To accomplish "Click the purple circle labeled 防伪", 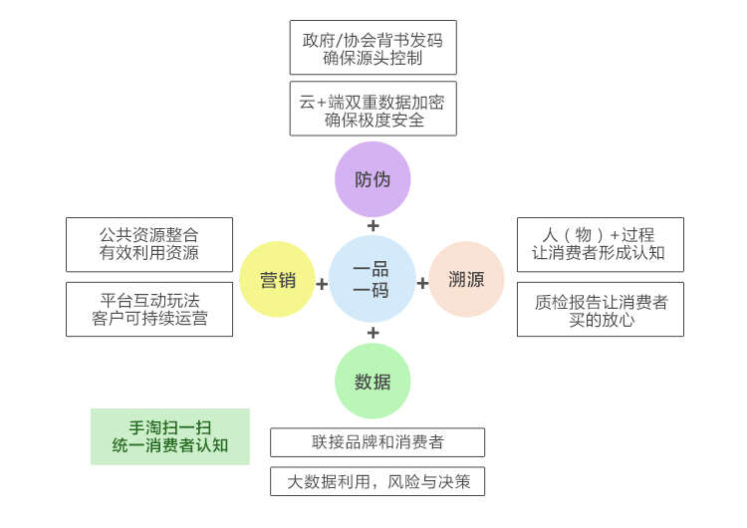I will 373,179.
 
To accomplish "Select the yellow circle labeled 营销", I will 278,280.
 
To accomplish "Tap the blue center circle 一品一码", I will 372,280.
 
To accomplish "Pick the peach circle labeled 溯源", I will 466,280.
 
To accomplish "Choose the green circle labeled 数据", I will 373,382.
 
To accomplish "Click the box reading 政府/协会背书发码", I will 373,48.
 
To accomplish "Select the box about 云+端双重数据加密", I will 373,110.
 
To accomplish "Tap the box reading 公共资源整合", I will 148,244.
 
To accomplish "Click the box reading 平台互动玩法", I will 148,309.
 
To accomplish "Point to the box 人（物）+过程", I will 600,244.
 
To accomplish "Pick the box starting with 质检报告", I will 600,309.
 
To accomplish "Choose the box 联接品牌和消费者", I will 377,442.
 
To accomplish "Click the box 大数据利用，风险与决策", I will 377,481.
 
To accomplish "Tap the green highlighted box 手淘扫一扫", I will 170,436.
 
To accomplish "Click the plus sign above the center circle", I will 373,225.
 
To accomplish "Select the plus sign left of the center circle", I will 322,284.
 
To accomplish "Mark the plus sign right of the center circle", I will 422,284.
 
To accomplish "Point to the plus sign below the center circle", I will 373,333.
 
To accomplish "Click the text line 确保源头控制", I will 373,58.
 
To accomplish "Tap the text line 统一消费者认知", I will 170,445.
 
